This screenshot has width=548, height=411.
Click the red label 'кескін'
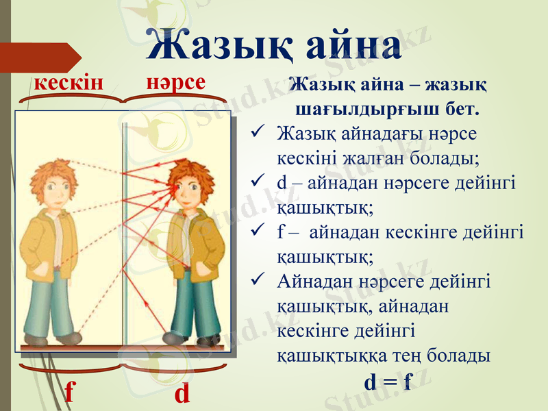[x=68, y=83]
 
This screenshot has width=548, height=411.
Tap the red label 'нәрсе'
[x=176, y=82]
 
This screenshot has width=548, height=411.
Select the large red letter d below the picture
[x=182, y=393]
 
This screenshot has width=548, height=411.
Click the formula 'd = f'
[x=388, y=382]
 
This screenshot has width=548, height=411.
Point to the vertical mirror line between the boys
[x=125, y=233]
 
